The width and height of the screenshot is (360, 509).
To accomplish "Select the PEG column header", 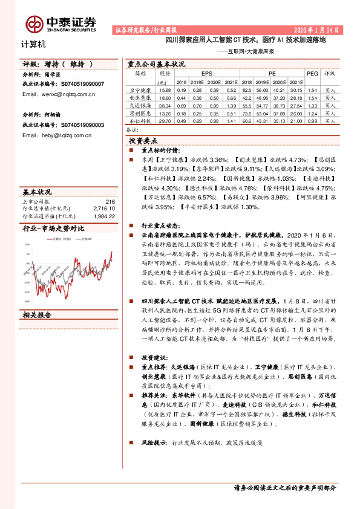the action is click(x=312, y=73).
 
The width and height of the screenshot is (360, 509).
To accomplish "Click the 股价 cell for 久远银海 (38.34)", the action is click(x=164, y=105).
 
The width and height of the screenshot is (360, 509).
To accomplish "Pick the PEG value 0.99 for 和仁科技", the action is click(x=312, y=121).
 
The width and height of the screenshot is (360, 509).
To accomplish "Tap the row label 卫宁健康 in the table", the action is click(x=141, y=89).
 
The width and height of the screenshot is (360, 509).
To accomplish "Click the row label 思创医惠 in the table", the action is click(x=141, y=113).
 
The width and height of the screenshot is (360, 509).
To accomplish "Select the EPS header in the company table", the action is click(x=206, y=73).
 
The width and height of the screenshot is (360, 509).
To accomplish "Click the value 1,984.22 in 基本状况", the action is click(x=104, y=215).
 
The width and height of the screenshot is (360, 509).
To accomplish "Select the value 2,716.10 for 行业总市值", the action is click(x=104, y=209).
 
